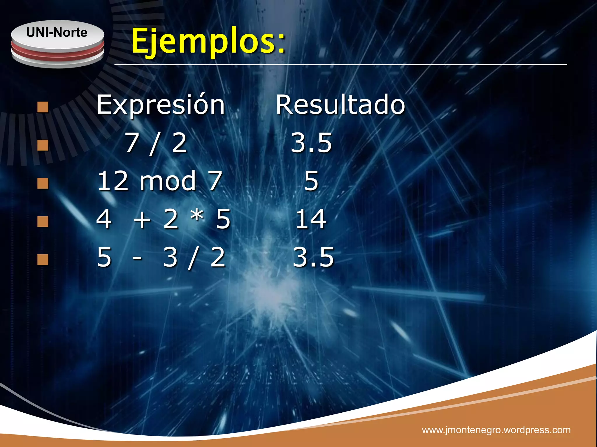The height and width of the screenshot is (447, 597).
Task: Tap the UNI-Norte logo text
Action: (x=57, y=32)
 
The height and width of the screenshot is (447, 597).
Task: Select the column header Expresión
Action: (x=161, y=105)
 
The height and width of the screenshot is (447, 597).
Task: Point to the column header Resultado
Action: (x=340, y=105)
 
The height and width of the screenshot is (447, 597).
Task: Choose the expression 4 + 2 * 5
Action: (x=164, y=219)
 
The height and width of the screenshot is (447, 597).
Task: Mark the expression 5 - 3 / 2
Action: (x=161, y=257)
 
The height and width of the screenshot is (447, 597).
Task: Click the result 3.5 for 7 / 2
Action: (x=311, y=143)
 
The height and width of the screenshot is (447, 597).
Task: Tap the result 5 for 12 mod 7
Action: (x=311, y=181)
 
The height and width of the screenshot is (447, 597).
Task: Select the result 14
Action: (x=311, y=219)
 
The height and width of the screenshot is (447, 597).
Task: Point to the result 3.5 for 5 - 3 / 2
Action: (x=313, y=257)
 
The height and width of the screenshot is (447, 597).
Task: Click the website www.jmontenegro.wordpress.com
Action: (x=496, y=430)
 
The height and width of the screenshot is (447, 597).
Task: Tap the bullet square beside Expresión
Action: (x=43, y=107)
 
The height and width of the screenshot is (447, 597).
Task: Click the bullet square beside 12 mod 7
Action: (x=43, y=183)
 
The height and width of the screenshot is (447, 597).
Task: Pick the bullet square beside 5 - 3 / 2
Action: (x=43, y=260)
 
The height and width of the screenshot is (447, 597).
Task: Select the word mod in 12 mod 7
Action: (x=168, y=181)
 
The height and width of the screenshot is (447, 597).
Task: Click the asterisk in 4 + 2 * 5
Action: (x=197, y=216)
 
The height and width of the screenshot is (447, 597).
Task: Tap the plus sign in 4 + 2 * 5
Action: (x=142, y=220)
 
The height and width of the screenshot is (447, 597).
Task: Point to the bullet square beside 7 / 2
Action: (x=43, y=145)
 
